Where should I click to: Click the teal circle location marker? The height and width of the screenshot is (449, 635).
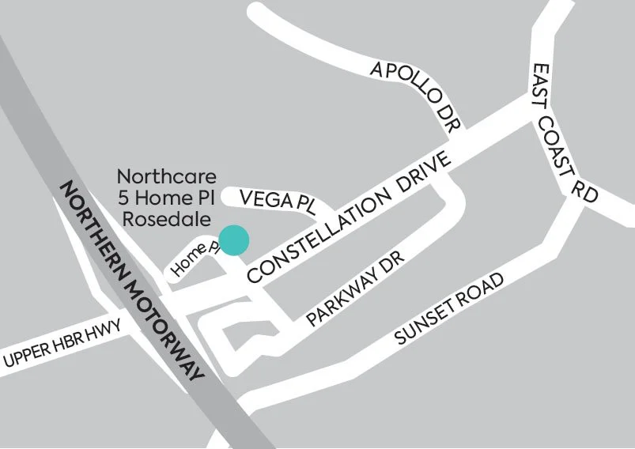[x=234, y=240]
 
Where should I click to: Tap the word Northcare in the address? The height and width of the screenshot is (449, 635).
[x=166, y=175]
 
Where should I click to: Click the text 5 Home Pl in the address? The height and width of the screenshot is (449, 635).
[x=165, y=195]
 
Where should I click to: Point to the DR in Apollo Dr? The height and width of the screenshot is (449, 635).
[x=448, y=119]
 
